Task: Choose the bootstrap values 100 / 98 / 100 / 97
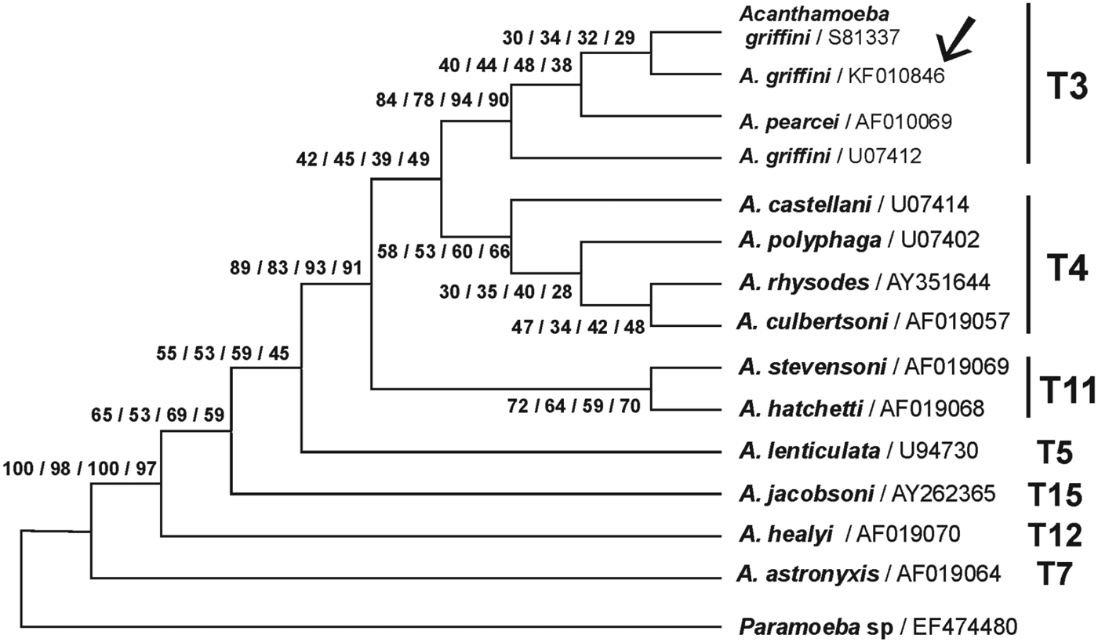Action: (81, 469)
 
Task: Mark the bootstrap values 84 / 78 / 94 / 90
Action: (443, 100)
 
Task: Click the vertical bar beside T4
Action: (1027, 264)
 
